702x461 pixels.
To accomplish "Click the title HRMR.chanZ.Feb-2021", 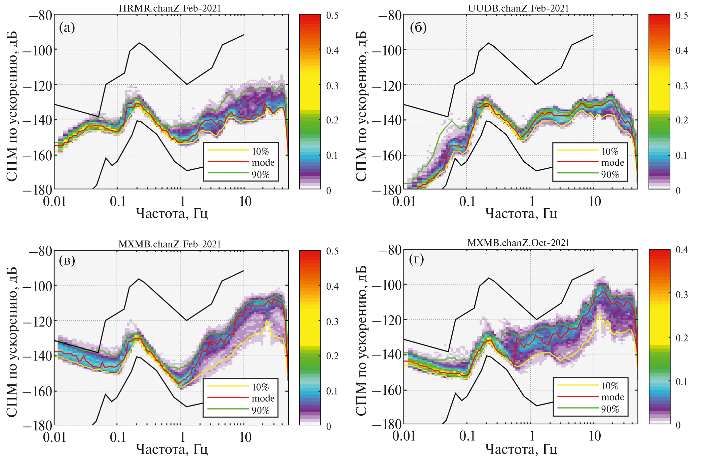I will tap(170, 8).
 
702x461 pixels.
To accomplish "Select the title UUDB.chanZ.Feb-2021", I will tap(518, 8).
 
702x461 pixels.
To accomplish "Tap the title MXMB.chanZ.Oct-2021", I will tap(518, 243).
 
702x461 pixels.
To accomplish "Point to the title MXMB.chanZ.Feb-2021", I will tap(170, 244).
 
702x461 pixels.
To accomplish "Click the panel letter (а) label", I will tap(67, 28).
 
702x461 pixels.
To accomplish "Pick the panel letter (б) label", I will tap(418, 28).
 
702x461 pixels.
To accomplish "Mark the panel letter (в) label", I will tap(67, 260).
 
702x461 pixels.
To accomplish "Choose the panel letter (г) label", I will tap(416, 259).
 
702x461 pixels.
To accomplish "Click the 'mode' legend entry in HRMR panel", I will tap(263, 163).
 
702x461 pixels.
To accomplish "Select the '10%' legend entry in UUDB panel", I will tap(610, 152).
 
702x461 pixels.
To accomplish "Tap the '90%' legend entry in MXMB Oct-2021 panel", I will tap(610, 409).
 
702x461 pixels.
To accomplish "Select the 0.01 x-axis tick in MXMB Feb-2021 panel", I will tap(55, 437).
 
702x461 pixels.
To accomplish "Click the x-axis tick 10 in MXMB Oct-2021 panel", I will tap(595, 436).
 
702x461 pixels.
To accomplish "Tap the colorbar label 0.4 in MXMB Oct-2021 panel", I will tap(682, 250).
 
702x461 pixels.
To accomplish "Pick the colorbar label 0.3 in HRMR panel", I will tap(332, 86).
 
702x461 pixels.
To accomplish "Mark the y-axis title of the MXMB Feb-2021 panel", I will tap(12, 342).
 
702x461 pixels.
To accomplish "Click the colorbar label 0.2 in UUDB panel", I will tap(682, 120).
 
